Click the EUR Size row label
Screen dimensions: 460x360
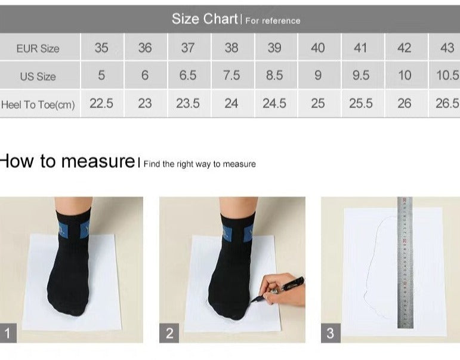(x=38, y=48)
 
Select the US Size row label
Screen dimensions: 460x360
(x=38, y=76)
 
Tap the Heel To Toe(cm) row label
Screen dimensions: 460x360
(x=38, y=104)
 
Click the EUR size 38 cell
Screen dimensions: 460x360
(x=231, y=48)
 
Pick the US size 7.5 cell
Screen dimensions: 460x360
(x=231, y=75)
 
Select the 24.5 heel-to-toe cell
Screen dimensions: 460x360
(x=274, y=103)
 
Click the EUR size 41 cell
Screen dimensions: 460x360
(x=360, y=48)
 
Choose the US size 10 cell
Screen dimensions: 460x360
(x=405, y=75)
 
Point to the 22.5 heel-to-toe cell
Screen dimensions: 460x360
(x=101, y=103)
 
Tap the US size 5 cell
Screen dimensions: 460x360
(x=101, y=75)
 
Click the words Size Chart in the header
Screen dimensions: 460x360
(x=205, y=19)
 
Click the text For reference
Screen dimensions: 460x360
(x=273, y=21)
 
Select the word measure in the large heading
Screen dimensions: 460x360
(x=98, y=162)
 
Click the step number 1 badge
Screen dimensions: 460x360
(x=8, y=333)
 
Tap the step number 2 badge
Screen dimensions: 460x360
(x=169, y=333)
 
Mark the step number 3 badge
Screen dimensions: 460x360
(x=331, y=333)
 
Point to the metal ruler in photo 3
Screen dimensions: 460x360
(x=405, y=263)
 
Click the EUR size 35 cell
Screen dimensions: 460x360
(x=101, y=48)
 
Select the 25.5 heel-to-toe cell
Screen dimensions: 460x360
(x=360, y=103)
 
